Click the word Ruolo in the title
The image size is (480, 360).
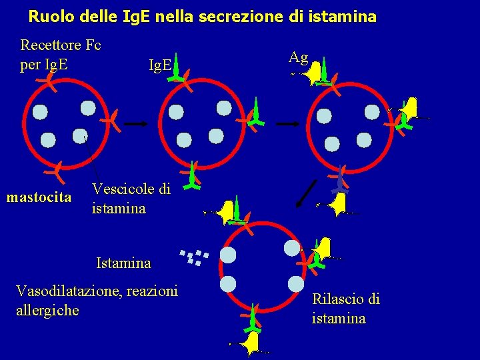pyautogui.click(x=49, y=15)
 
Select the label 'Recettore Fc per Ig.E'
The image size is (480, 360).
pyautogui.click(x=60, y=55)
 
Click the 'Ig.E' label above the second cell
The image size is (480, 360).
pyautogui.click(x=160, y=65)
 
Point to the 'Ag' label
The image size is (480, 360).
pyautogui.click(x=298, y=57)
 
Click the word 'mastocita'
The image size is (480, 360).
pyautogui.click(x=39, y=197)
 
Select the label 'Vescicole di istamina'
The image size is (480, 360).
pyautogui.click(x=131, y=199)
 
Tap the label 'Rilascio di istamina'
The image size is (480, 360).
pyautogui.click(x=345, y=309)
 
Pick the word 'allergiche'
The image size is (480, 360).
pyautogui.click(x=47, y=310)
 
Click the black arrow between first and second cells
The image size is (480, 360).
pyautogui.click(x=135, y=124)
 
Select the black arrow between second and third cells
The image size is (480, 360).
pyautogui.click(x=287, y=124)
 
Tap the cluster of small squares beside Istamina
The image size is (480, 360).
pyautogui.click(x=194, y=257)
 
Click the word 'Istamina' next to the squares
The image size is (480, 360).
pyautogui.click(x=123, y=263)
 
